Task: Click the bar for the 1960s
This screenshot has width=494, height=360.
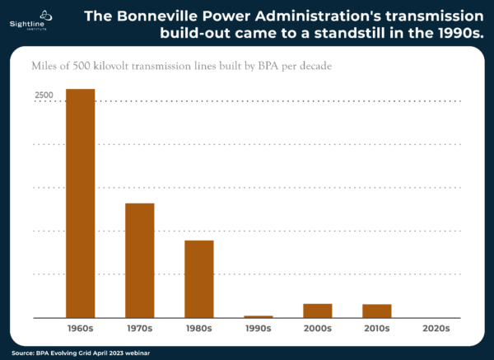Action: click(80, 203)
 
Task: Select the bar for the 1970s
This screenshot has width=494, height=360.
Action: click(139, 259)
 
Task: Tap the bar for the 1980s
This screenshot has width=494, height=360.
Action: click(198, 278)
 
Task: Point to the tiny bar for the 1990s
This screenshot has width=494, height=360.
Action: click(258, 316)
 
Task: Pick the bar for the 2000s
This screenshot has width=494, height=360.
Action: click(317, 311)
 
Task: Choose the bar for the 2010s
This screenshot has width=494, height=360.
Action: click(376, 311)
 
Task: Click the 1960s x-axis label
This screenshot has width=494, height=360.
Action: click(80, 328)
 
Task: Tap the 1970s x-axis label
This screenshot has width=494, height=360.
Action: click(139, 328)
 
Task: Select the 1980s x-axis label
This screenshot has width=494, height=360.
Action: click(198, 328)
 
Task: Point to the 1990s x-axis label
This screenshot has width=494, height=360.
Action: click(258, 328)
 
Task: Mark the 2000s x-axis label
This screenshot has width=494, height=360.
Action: click(317, 328)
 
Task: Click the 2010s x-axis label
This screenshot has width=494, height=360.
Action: click(376, 328)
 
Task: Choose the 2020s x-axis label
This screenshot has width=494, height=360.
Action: click(436, 328)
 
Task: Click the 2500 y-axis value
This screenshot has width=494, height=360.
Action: click(44, 96)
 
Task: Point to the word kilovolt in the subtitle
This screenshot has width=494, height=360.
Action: click(127, 66)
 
